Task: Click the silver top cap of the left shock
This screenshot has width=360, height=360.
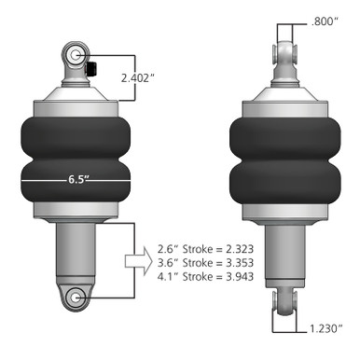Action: pyautogui.click(x=77, y=96)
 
